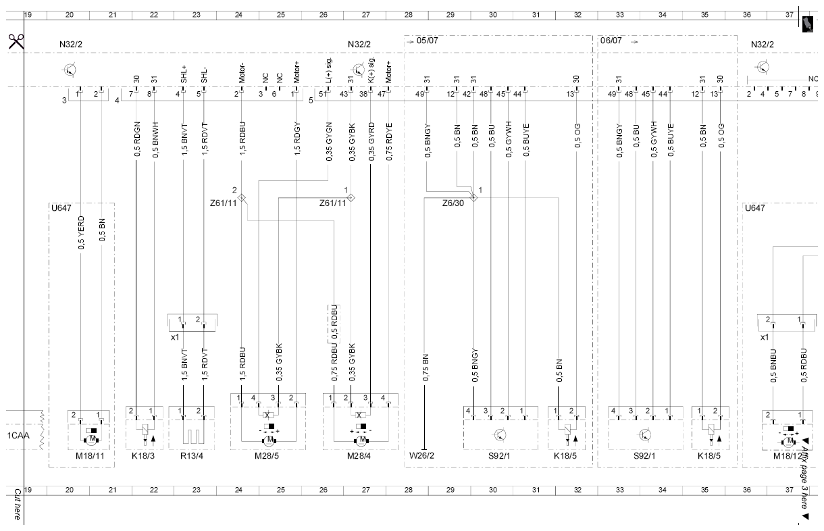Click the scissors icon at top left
16,41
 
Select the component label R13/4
191,456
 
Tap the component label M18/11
90,456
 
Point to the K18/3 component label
143,456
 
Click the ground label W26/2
421,455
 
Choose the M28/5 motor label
267,456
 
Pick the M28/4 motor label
359,456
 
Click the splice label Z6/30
453,203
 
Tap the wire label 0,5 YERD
81,232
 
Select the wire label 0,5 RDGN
137,139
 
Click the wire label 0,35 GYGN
329,142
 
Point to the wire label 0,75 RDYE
389,142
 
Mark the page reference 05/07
427,41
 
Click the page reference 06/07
611,41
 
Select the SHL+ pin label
184,75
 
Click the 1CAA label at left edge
18,436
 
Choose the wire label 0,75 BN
426,368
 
